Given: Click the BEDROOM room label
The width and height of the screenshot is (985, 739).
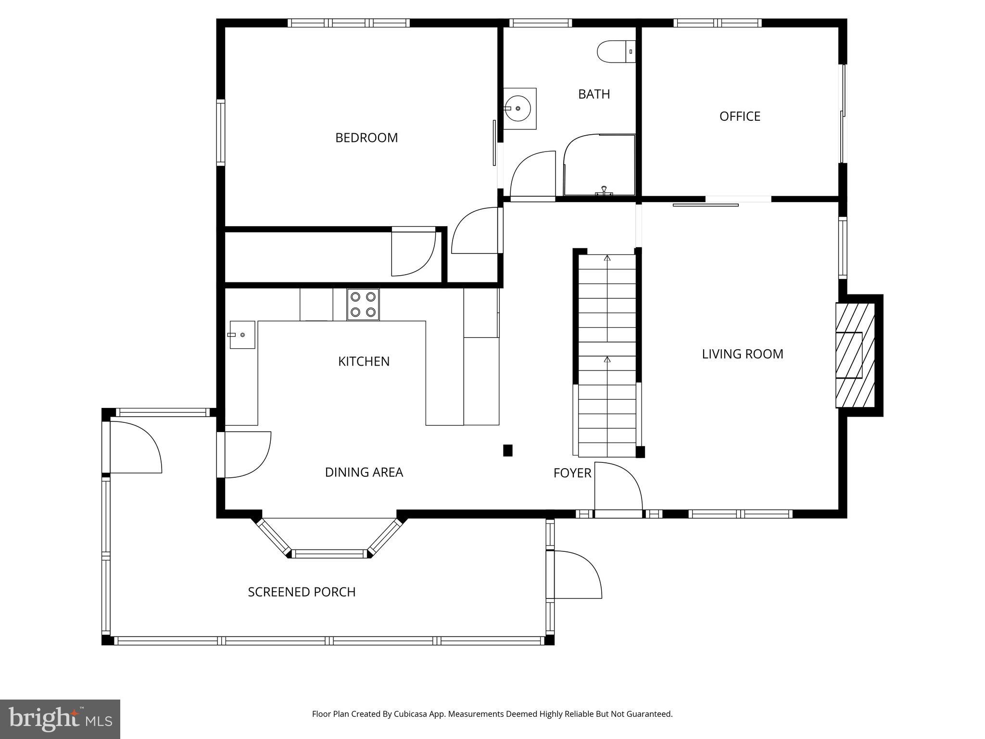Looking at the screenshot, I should coord(366,138).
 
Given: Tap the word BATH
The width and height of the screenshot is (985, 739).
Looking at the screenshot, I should coord(594,94).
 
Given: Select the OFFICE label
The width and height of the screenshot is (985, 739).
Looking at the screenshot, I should coord(740,116).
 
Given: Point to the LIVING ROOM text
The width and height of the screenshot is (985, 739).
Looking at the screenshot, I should coord(742,354).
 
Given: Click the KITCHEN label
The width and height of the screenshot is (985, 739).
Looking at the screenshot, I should coord(364,361).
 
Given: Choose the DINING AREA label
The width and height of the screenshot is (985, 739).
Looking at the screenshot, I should coord(364,472).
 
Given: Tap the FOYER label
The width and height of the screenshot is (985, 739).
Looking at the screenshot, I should coord(572,473).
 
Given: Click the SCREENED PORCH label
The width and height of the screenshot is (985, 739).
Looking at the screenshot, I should coord(302,592).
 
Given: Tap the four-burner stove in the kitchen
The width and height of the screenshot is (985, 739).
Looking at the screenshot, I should coord(363,305).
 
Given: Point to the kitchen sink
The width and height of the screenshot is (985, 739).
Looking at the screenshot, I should coord(242,334).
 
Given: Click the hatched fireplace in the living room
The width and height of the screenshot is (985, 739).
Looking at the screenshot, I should coord(855,355).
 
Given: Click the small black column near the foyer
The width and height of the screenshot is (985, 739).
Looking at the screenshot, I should coord(507,450).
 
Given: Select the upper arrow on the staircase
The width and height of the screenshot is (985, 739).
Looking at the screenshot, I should coord(607,258).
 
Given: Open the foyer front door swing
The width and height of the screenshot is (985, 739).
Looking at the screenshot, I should coord(618,486).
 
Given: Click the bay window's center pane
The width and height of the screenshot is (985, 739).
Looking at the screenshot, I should coord(330,554).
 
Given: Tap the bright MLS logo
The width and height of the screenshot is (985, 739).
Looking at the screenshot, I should coord(60,719).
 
